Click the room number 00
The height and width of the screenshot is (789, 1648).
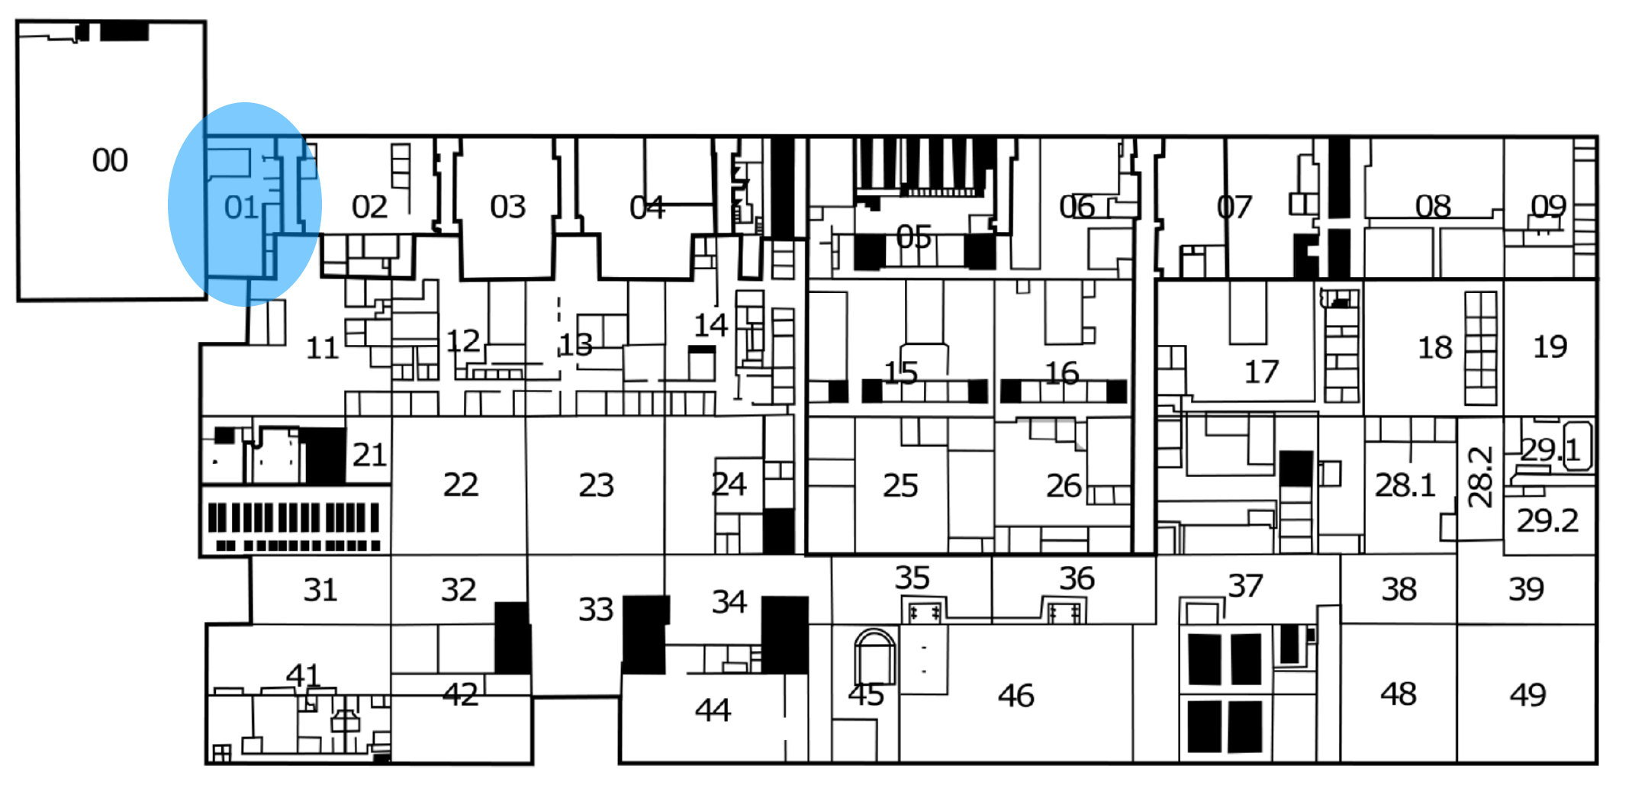tap(110, 160)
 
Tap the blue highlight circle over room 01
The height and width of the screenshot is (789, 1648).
tap(245, 204)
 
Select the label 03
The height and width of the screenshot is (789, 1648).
tap(508, 207)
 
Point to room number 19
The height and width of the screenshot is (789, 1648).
tap(1550, 346)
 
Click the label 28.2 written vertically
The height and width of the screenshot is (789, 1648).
tap(1480, 478)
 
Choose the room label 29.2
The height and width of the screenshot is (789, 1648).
tap(1547, 520)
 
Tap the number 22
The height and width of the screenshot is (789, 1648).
tap(461, 485)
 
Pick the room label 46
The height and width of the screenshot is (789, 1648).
tap(1016, 696)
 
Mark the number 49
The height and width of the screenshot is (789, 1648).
tap(1528, 695)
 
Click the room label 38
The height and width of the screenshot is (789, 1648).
tap(1399, 589)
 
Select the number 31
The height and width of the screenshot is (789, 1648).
tap(320, 590)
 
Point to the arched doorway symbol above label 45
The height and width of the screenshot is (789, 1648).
tap(875, 656)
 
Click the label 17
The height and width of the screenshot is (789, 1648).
tap(1261, 372)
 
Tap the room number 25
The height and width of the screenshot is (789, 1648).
tap(900, 485)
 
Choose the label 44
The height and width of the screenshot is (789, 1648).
tap(713, 710)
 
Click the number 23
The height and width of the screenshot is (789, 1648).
tap(597, 485)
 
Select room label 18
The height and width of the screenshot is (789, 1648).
tap(1435, 348)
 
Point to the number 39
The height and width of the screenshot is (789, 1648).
tap(1527, 589)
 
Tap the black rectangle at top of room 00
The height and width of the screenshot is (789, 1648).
tap(124, 31)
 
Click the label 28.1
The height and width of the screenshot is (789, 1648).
tap(1405, 485)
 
